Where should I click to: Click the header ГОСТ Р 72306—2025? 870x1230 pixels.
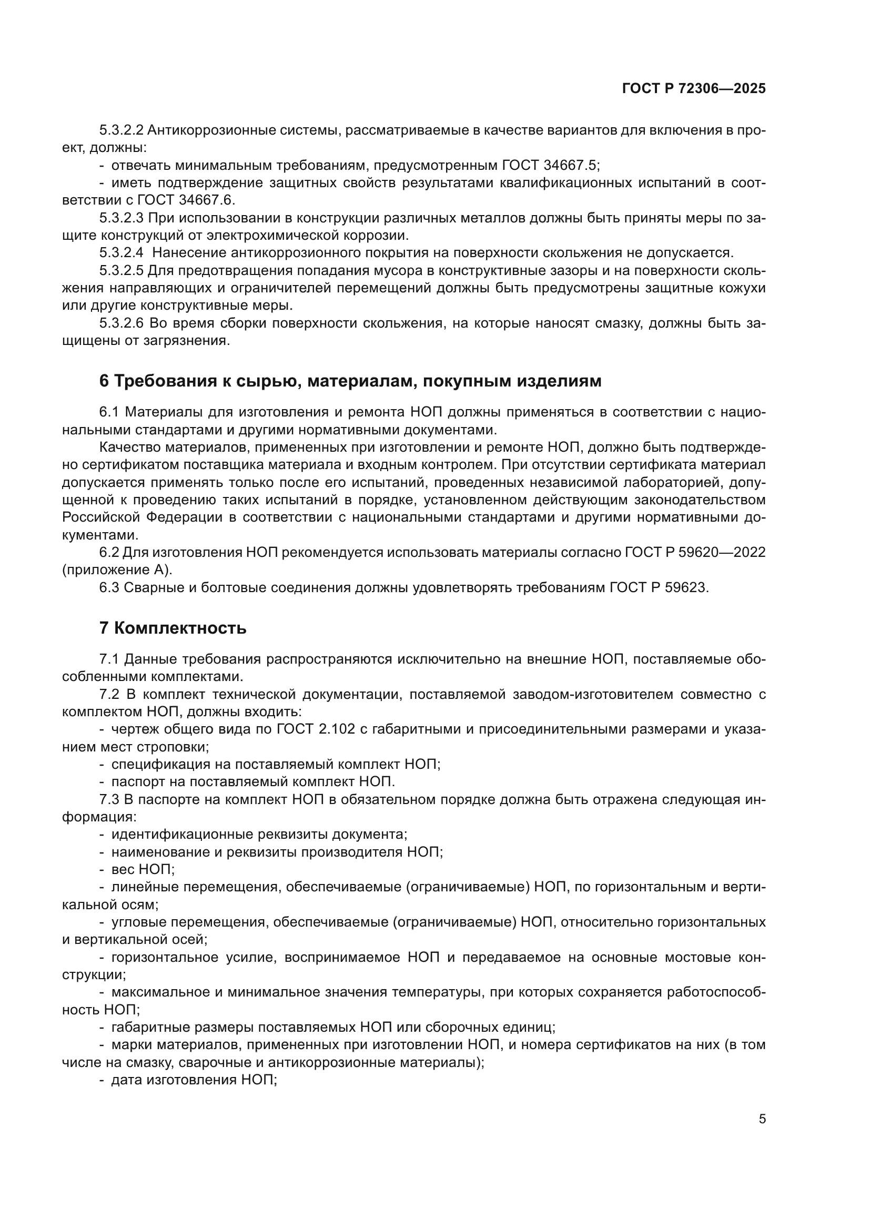pos(694,89)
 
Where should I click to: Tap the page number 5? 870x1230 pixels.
pos(762,1119)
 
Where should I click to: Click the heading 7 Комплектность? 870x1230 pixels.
pos(173,628)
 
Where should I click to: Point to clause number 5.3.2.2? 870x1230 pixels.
pos(121,130)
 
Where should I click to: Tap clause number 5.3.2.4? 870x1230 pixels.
pos(121,253)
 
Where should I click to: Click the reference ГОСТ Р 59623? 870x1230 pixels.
pos(659,588)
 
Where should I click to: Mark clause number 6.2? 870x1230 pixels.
pos(109,552)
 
